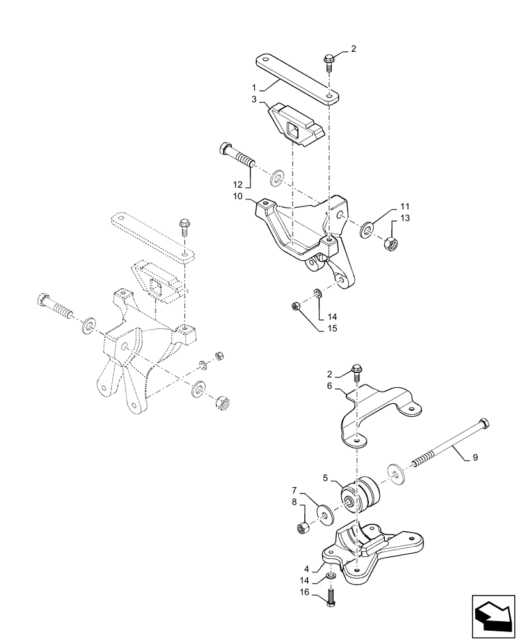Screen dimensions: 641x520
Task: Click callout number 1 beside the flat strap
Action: pyautogui.click(x=254, y=87)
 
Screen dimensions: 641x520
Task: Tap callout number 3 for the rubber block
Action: pyautogui.click(x=254, y=99)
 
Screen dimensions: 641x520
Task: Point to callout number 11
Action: pyautogui.click(x=404, y=207)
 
